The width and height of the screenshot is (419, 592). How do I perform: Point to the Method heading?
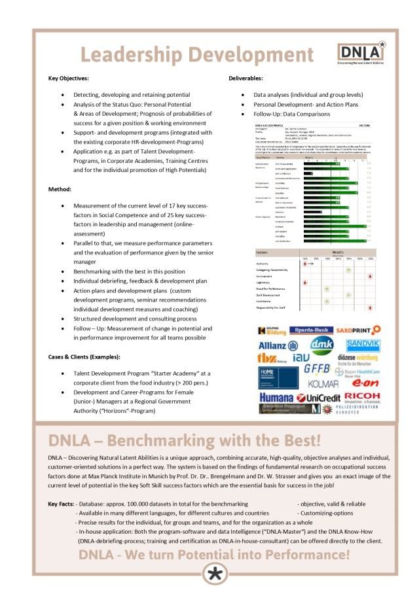point(60,189)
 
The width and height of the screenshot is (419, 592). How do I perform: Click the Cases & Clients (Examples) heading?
point(84,357)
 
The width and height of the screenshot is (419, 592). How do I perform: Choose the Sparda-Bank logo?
point(310,331)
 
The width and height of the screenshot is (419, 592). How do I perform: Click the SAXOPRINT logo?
point(358,331)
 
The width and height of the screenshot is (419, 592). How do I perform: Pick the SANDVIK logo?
point(363,344)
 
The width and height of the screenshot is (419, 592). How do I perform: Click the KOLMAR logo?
point(323,383)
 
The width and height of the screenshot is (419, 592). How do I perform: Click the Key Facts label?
point(61,504)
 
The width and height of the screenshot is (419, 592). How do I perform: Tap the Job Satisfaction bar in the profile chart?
point(340,241)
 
